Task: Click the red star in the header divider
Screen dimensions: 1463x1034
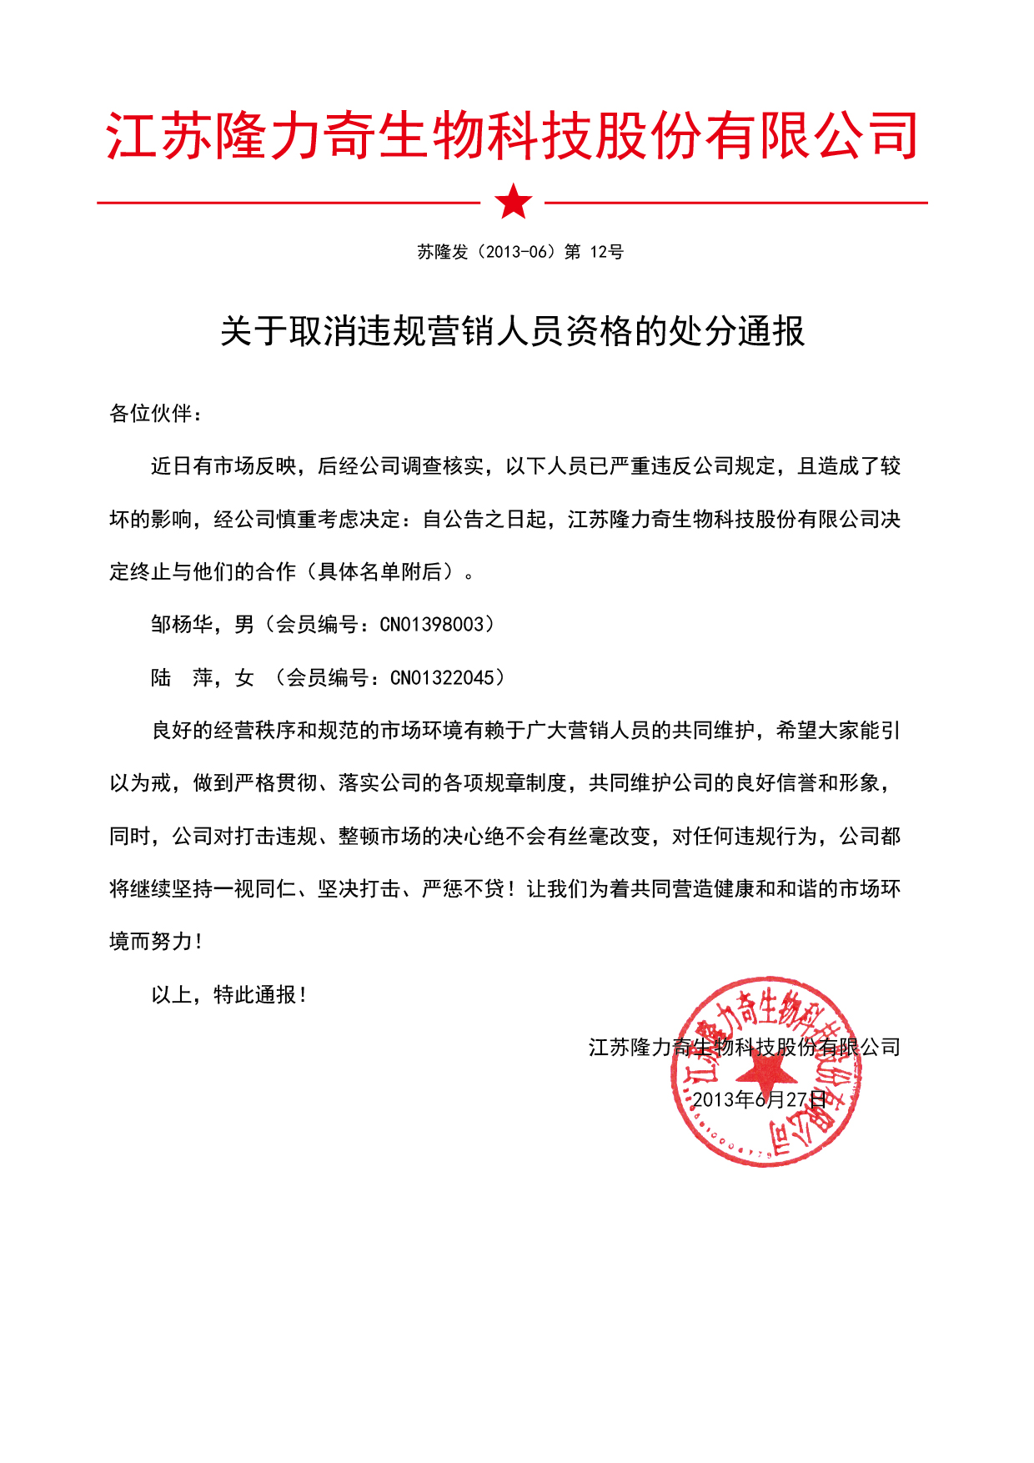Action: tap(513, 201)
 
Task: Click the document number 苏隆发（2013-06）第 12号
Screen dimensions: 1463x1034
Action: tap(520, 252)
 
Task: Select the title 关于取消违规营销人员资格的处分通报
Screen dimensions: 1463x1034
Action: tap(512, 331)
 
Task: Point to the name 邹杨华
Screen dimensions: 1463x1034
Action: tap(182, 624)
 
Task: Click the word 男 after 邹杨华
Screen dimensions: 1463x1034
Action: tap(244, 624)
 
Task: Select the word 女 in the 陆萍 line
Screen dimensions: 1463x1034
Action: tap(244, 677)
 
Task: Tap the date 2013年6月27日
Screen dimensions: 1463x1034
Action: tap(759, 1099)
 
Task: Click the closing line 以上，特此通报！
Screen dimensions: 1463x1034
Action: tap(229, 994)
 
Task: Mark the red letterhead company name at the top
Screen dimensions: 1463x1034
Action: tap(512, 135)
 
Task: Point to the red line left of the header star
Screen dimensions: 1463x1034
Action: tap(288, 202)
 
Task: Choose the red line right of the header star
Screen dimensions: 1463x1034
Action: tap(735, 202)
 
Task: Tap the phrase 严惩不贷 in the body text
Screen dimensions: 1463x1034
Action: tap(463, 888)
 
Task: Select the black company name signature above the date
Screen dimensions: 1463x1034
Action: tap(744, 1047)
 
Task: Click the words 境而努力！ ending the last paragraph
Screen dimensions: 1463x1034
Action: tap(156, 942)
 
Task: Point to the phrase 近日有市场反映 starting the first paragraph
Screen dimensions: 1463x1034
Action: tap(223, 465)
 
